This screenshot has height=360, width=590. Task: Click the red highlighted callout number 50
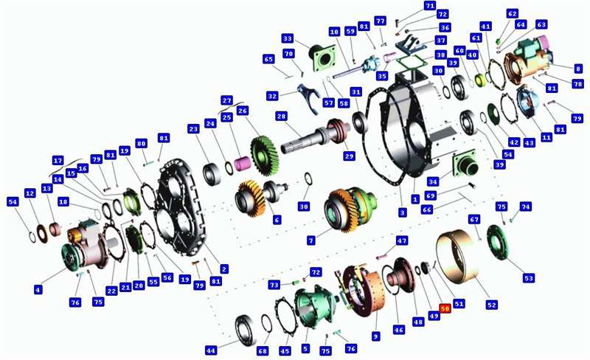point(445,308)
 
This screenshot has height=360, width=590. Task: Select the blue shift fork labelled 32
point(309,97)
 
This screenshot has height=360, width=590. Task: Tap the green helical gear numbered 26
point(264,156)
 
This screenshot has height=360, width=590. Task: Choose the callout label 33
point(288,38)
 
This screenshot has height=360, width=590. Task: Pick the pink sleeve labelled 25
point(243,164)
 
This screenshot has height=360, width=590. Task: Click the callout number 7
point(310,240)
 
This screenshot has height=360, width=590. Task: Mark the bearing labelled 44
point(246,330)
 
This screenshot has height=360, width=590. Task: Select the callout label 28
point(281,116)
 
